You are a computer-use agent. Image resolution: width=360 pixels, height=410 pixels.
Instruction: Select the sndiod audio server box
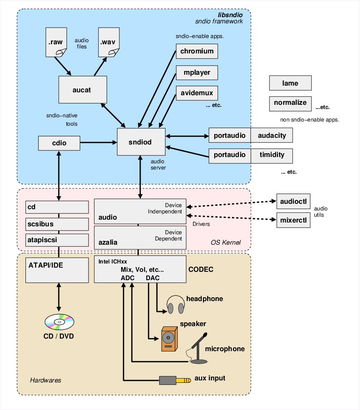(141, 142)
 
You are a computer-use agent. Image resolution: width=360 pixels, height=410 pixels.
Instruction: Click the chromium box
(197, 51)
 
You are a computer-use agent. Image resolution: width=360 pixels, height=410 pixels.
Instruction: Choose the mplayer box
(197, 73)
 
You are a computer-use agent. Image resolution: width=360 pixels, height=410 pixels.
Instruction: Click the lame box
(290, 83)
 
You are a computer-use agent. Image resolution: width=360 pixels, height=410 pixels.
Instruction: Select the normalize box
(290, 103)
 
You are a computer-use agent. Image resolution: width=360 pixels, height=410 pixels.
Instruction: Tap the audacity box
(272, 135)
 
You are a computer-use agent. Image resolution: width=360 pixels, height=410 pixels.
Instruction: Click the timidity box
(272, 155)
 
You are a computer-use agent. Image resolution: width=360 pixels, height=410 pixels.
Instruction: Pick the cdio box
(59, 143)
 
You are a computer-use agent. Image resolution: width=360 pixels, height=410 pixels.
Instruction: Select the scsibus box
(57, 224)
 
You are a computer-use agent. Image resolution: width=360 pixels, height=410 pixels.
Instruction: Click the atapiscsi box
(57, 240)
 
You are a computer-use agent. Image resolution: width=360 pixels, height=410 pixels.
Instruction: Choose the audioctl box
(294, 201)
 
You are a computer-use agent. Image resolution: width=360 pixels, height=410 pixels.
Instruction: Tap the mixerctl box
(294, 220)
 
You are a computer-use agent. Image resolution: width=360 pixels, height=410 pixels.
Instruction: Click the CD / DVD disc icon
(59, 321)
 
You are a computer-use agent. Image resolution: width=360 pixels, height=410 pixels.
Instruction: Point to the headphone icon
(175, 305)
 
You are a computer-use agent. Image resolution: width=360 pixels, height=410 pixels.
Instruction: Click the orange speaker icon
(169, 339)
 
